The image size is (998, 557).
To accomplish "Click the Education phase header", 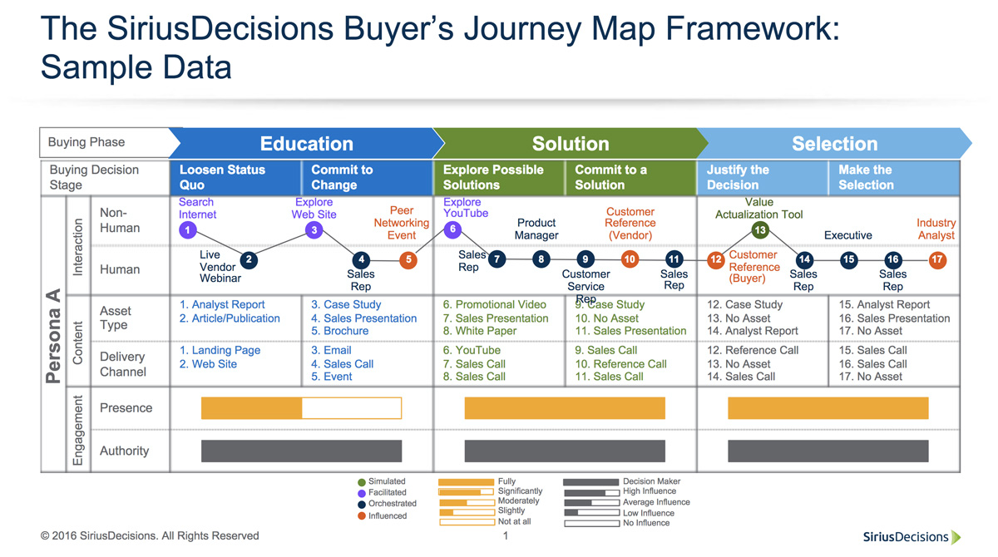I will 306,144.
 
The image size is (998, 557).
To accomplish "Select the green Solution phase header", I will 570,144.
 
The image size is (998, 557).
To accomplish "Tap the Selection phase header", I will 834,144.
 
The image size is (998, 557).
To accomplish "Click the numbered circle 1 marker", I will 189,230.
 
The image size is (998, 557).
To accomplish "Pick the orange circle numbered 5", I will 408,260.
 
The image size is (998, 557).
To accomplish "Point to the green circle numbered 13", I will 759,230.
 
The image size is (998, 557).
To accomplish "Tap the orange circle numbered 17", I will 937,260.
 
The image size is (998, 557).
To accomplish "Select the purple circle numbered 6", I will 452,229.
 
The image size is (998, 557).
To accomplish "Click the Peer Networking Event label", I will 402,223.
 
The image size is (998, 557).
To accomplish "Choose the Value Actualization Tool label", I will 759,209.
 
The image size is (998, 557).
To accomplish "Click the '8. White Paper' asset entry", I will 480,331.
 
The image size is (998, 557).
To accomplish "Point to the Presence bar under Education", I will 301,408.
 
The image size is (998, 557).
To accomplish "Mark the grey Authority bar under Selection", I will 828,451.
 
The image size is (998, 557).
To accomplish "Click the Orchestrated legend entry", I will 387,503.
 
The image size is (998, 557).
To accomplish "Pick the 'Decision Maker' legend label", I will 651,481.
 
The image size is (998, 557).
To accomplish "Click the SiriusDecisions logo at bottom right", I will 911,537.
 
